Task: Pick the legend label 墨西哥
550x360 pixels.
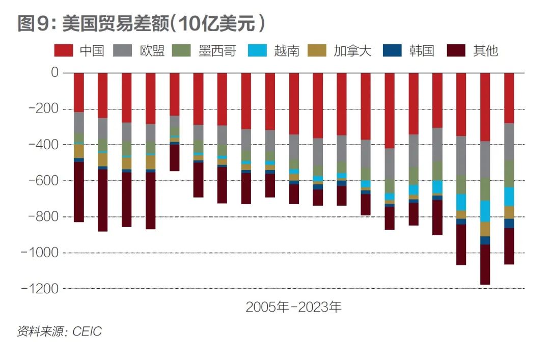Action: tap(217, 50)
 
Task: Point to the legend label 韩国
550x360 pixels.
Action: tap(421, 50)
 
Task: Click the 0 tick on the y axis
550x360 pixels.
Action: tap(54, 73)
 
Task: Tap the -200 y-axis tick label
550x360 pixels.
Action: tap(45, 109)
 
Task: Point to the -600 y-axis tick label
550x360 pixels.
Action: tap(45, 181)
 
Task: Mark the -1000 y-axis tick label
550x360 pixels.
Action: tap(42, 253)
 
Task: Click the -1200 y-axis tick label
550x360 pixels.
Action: tap(42, 289)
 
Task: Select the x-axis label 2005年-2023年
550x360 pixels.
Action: tap(294, 307)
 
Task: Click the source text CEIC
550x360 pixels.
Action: tap(87, 331)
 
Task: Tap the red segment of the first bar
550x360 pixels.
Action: tap(79, 92)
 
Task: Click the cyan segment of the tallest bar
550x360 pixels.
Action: tap(485, 211)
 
